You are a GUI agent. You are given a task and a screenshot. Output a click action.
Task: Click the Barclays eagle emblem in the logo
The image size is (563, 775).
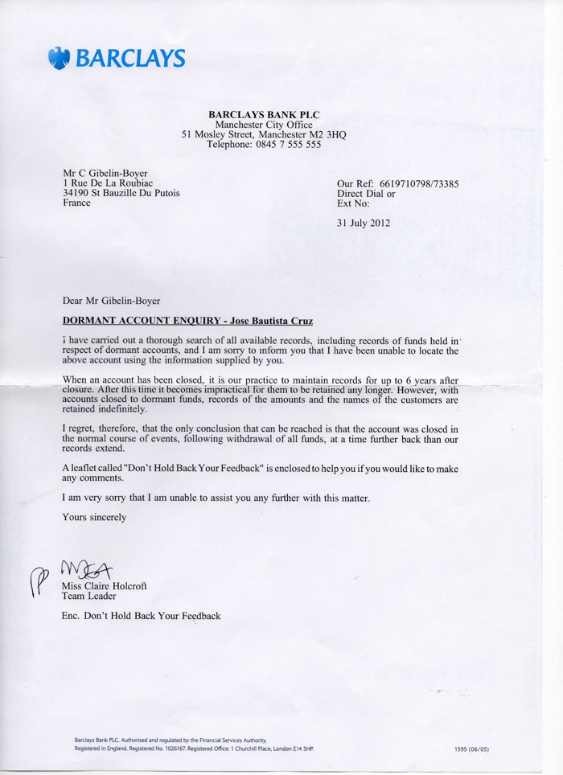59,58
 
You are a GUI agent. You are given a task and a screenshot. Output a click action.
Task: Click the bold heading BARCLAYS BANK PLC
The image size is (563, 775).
264,115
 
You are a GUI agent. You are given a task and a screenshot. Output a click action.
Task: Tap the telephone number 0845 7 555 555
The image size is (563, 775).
287,146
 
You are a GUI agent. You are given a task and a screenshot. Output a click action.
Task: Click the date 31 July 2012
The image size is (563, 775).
364,223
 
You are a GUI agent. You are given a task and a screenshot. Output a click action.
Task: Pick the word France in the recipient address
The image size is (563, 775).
76,203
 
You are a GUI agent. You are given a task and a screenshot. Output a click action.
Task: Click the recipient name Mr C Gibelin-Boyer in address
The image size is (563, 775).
105,173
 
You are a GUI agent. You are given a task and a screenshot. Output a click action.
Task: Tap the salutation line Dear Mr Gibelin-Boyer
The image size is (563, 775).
111,301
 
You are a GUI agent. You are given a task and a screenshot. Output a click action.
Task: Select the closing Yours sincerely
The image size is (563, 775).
94,517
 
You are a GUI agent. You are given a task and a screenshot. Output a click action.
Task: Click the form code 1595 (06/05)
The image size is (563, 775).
471,749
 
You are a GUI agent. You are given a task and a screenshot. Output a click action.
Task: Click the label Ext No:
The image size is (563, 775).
353,203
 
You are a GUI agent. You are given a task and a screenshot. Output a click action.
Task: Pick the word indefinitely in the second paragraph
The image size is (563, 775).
96,408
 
